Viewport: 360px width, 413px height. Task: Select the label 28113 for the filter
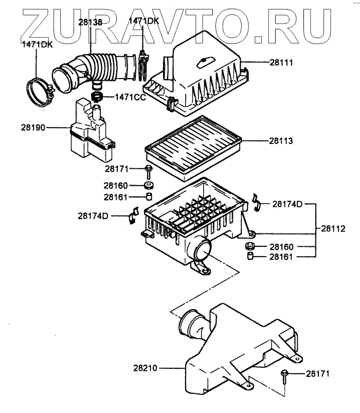pyautogui.click(x=281, y=140)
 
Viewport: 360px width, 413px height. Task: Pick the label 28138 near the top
pyautogui.click(x=91, y=22)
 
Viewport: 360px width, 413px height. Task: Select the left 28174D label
pyautogui.click(x=94, y=215)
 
